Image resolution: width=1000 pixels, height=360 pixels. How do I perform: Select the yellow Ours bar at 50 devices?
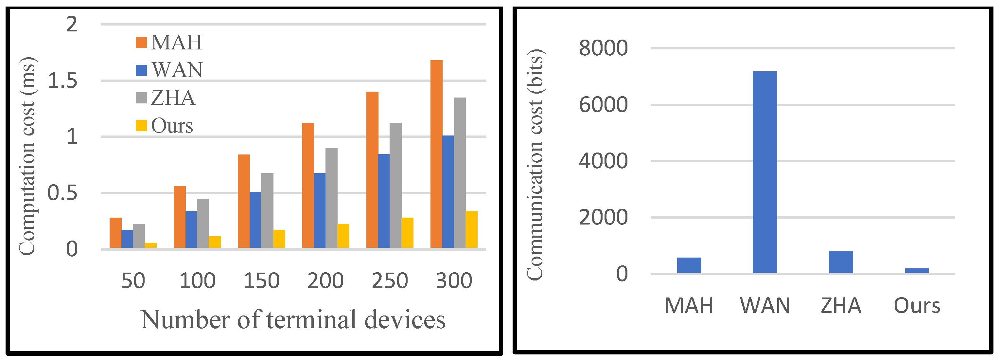[x=150, y=245]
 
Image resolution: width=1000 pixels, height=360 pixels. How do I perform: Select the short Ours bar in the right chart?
[x=917, y=271]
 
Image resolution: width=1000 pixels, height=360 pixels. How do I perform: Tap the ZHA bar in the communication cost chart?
[x=841, y=262]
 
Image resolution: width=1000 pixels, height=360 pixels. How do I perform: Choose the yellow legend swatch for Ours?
[x=141, y=126]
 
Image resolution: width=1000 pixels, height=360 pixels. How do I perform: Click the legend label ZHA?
[x=173, y=98]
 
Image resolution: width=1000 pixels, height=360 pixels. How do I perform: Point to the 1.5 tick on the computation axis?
[x=62, y=81]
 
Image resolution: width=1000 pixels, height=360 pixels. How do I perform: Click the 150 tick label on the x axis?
[x=261, y=281]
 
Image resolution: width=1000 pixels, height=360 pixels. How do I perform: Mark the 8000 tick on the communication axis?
[x=603, y=48]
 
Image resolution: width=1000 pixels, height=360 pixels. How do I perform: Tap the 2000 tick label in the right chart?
[x=603, y=218]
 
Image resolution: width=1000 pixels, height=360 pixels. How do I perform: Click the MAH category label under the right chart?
[x=689, y=306]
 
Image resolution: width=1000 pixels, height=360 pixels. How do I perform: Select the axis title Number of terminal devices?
[x=293, y=320]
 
